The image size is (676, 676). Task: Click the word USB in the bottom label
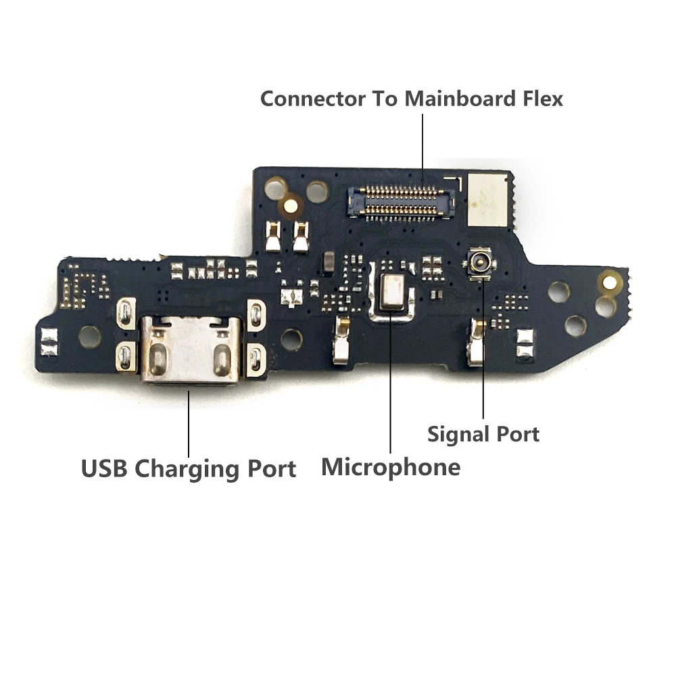(105, 468)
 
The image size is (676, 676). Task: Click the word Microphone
(391, 466)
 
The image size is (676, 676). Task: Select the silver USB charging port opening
(191, 351)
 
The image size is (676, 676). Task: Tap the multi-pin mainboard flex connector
(400, 199)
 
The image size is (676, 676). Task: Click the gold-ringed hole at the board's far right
(611, 279)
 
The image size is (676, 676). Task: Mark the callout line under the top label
(422, 145)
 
